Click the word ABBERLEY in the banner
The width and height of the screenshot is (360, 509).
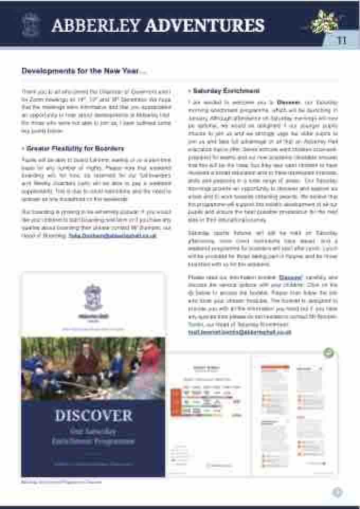coord(96,25)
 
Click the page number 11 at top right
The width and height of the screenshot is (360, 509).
coord(342,41)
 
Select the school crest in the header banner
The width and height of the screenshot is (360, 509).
coord(30,24)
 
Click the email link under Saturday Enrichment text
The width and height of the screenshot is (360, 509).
coord(240,332)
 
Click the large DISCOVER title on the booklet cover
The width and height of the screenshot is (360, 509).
coord(93,414)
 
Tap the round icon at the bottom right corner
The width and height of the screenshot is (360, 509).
coord(337,492)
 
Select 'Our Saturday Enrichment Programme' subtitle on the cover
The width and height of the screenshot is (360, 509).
coord(93,436)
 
